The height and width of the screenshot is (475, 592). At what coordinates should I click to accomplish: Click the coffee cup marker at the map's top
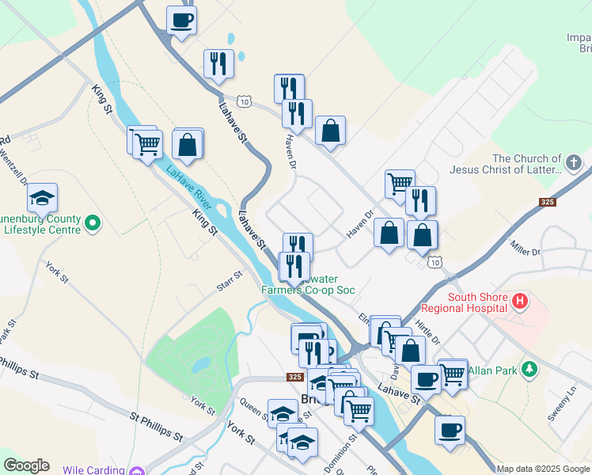coord(181,20)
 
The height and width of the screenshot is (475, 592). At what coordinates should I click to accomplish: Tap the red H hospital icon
coord(519,301)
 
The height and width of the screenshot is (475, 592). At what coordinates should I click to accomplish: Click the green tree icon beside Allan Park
coord(531,370)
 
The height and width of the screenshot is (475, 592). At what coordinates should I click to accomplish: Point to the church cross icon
coord(574,164)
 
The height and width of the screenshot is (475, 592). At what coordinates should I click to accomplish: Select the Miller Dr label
coord(525,248)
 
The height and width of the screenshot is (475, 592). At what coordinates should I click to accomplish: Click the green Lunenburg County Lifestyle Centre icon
coord(93,224)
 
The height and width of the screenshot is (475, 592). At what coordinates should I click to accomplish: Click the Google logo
coord(26,465)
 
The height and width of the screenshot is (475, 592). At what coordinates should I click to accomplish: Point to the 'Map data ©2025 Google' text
coord(544,469)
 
